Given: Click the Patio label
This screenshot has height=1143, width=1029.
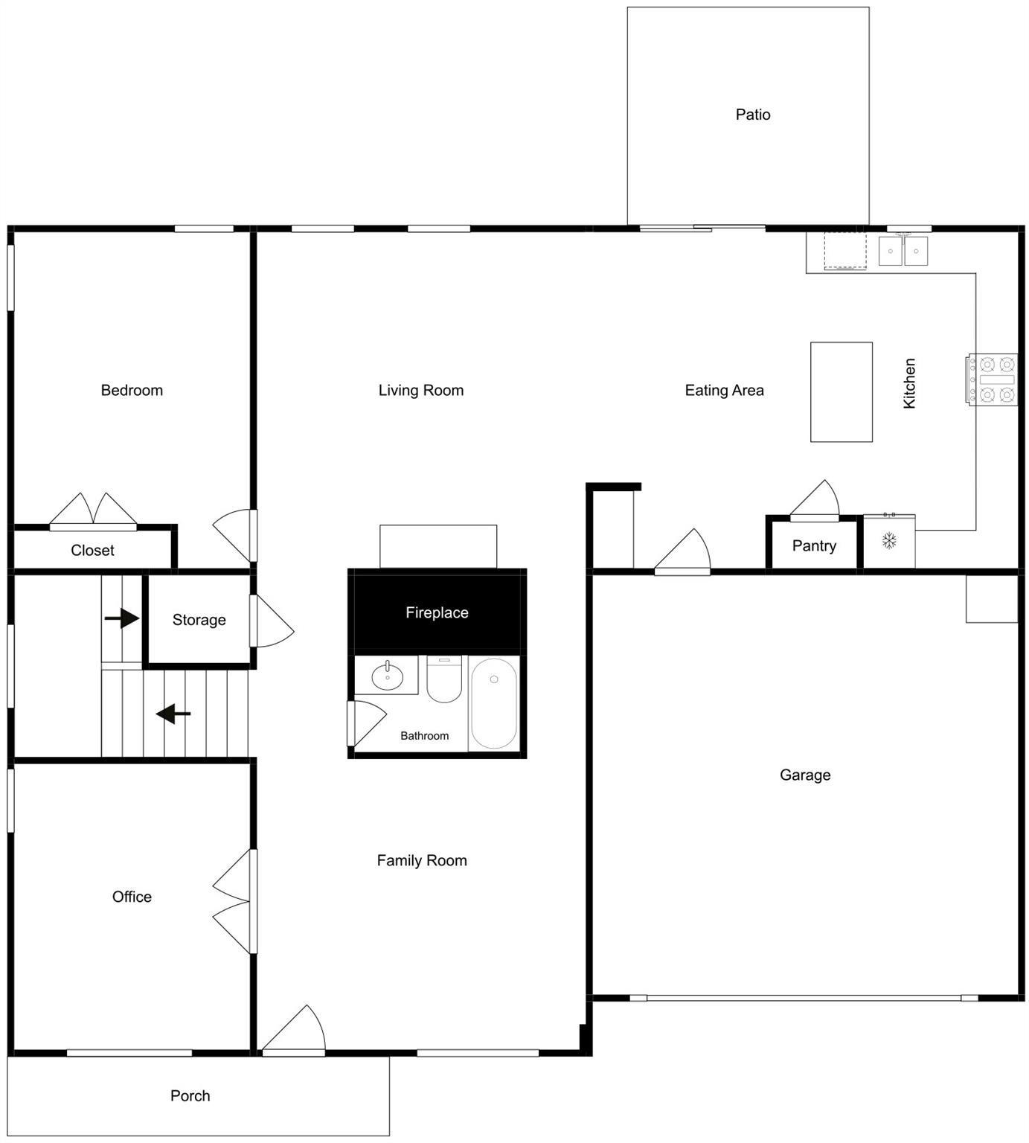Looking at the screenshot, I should [x=752, y=115].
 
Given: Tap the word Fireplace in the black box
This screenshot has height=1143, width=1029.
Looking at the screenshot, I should [x=437, y=612].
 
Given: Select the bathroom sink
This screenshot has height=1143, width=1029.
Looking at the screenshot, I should [x=387, y=676].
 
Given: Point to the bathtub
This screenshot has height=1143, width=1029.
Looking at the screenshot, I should [x=494, y=702].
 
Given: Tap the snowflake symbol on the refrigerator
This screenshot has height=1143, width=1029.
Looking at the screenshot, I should [x=889, y=541].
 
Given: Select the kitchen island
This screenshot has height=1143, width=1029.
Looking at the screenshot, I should [x=841, y=391].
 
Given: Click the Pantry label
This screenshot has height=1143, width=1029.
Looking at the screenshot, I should [x=814, y=545].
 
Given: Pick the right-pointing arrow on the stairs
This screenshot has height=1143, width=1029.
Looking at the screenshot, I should [x=122, y=618].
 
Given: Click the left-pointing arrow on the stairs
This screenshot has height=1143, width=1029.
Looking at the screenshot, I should [x=173, y=714].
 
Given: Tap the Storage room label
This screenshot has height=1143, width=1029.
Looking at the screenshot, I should [x=199, y=620].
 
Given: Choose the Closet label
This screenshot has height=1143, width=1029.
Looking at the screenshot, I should [x=92, y=550].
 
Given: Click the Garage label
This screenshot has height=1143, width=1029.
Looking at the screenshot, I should [x=805, y=775].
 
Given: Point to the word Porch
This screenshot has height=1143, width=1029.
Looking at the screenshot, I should [x=190, y=1095].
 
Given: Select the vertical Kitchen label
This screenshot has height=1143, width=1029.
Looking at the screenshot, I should [x=909, y=383].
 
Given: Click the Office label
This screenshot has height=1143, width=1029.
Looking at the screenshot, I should [x=132, y=897].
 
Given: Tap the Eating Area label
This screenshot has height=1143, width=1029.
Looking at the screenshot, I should [x=724, y=390].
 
